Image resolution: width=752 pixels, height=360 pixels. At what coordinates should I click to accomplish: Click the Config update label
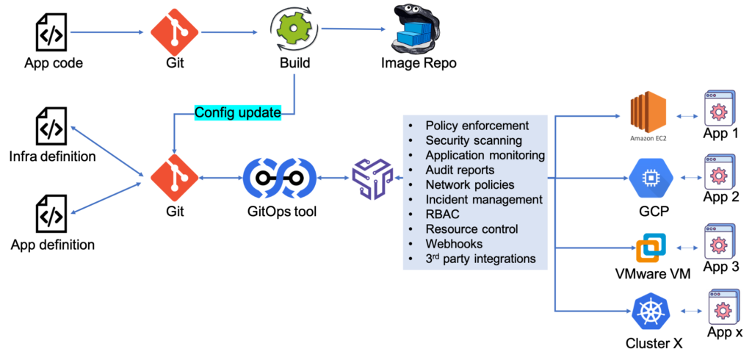click(237, 113)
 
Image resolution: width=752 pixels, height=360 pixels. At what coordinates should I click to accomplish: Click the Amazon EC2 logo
click(648, 115)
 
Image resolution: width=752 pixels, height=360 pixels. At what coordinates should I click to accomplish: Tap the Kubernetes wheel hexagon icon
click(651, 312)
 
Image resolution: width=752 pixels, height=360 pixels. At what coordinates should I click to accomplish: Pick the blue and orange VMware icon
click(651, 248)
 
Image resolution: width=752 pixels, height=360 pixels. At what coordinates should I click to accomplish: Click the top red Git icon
click(175, 32)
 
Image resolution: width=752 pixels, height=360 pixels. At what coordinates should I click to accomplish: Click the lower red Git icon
click(175, 178)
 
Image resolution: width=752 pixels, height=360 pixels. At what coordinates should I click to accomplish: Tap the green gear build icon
click(294, 29)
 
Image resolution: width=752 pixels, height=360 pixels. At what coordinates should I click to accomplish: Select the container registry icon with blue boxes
click(416, 31)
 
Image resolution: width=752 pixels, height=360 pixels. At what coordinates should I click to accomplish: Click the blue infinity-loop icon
click(280, 178)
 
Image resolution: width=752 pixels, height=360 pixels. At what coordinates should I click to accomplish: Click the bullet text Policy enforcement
click(477, 126)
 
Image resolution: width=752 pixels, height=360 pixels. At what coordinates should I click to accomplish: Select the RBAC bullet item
click(442, 215)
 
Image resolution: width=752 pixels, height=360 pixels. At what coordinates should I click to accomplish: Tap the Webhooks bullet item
click(454, 244)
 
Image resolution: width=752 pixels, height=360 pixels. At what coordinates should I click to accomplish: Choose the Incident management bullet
click(483, 200)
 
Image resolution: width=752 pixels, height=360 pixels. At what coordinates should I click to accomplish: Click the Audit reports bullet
click(460, 170)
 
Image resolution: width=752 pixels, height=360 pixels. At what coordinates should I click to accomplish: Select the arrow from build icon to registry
click(353, 29)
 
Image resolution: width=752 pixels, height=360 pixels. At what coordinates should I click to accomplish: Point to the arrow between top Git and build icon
click(232, 32)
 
